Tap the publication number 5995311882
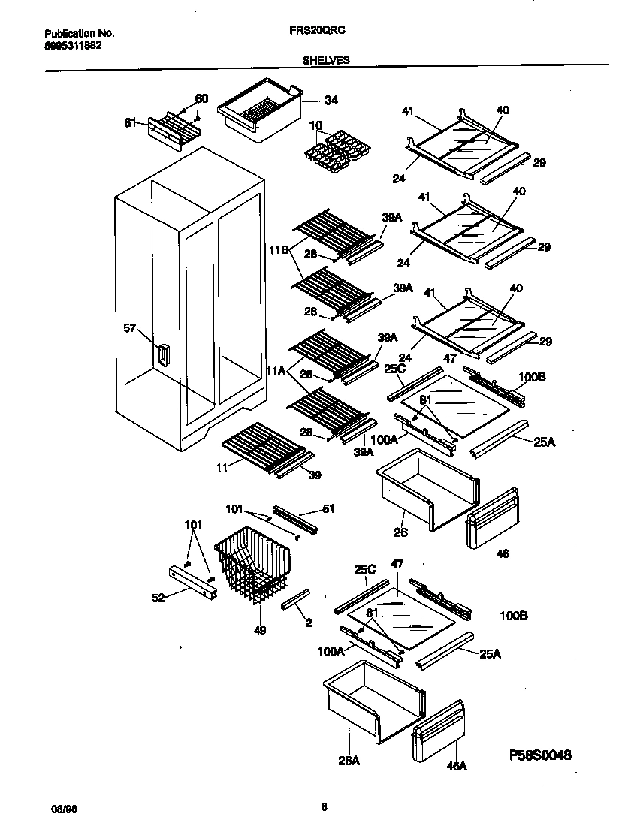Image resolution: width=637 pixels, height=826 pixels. pyautogui.click(x=73, y=45)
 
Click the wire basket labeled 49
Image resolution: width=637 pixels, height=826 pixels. pyautogui.click(x=252, y=563)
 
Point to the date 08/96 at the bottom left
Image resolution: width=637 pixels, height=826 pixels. pyautogui.click(x=60, y=809)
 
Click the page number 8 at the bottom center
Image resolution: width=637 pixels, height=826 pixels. pyautogui.click(x=324, y=808)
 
